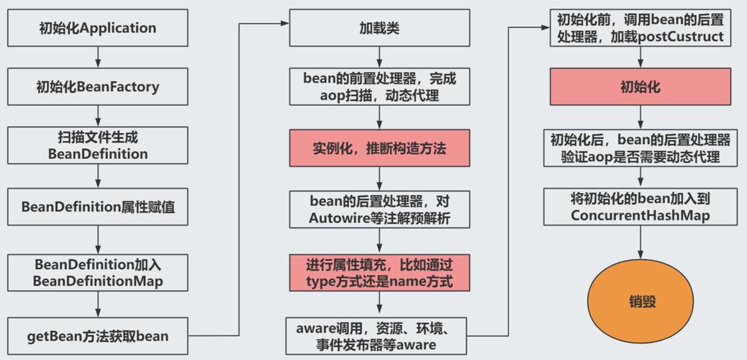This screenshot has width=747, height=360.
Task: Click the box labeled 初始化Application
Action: tap(97, 28)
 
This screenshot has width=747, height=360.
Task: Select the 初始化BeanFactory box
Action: tap(97, 87)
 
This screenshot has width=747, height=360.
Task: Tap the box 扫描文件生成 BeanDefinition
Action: tap(97, 145)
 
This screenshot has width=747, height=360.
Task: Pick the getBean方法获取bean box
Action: tap(97, 335)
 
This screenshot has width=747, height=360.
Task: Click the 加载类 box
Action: tap(379, 28)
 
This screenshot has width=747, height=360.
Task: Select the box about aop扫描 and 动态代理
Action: tap(379, 87)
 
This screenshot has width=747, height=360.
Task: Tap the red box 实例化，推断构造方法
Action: tap(379, 149)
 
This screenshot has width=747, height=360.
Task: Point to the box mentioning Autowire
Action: tap(379, 210)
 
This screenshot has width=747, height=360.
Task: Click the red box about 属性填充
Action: tap(379, 272)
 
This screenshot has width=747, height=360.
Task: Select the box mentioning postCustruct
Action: tap(636, 28)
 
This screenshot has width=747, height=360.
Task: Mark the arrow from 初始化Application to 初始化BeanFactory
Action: tap(97, 58)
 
